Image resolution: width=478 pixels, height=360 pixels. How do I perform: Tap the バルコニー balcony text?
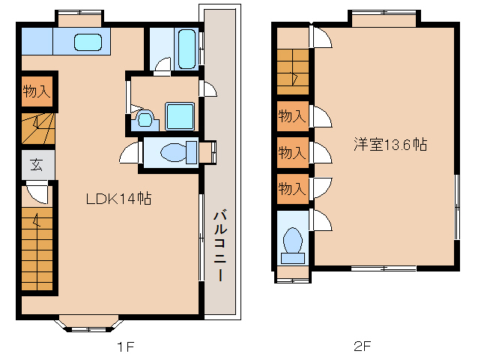(x=220, y=244)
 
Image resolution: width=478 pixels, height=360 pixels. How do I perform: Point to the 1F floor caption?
(x=124, y=346)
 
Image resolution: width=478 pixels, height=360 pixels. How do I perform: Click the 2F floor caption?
(x=362, y=346)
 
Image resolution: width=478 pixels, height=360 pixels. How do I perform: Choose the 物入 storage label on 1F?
(x=37, y=92)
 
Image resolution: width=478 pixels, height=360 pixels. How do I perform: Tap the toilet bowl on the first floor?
(x=175, y=152)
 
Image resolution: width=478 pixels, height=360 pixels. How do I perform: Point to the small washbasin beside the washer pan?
(x=145, y=118)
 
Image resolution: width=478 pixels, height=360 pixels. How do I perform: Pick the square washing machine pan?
(x=181, y=116)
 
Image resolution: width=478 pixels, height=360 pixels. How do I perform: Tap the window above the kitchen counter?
(x=79, y=13)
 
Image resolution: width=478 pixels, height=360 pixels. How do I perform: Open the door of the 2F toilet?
(x=321, y=222)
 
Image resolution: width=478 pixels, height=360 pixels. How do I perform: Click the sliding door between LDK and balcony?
(x=202, y=237)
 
